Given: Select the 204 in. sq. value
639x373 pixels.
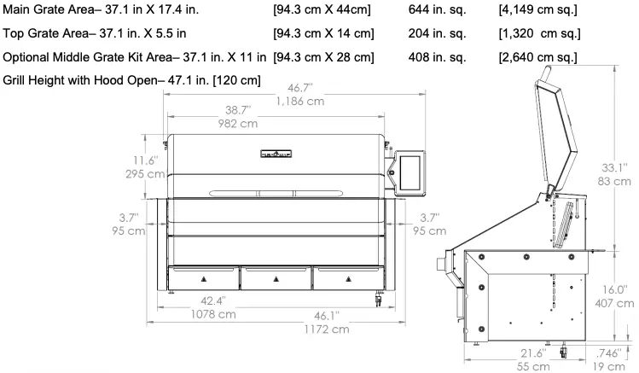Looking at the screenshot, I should tap(437, 34).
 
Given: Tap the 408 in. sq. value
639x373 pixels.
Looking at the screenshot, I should tap(437, 57).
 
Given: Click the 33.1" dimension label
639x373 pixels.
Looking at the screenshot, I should tap(614, 166).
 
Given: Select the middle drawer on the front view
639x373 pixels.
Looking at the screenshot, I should tap(275, 277).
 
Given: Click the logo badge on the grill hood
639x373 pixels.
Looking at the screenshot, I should tap(276, 154).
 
